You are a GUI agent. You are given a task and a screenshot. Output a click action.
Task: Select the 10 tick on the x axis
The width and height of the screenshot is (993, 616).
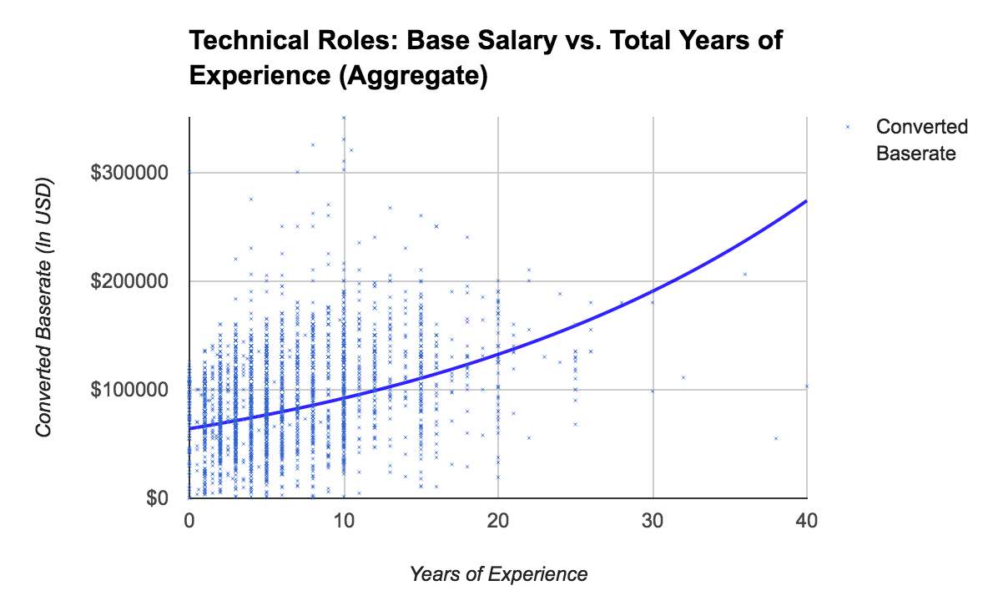coord(343,520)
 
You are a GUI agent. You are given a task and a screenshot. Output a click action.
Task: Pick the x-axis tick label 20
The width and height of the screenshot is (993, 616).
coord(498,520)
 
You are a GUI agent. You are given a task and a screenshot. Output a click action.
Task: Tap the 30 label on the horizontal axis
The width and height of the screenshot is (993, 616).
coord(653,520)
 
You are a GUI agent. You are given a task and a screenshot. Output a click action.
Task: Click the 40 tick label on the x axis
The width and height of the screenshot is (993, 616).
coord(807,520)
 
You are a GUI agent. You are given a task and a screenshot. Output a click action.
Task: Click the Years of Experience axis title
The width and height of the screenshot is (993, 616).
coord(498,574)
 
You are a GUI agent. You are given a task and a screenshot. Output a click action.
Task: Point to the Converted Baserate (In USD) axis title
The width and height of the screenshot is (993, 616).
coord(43,307)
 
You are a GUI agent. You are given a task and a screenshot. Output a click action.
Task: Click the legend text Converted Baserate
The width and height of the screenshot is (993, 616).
coord(921,139)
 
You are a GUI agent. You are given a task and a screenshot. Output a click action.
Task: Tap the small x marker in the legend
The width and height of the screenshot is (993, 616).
coord(847,127)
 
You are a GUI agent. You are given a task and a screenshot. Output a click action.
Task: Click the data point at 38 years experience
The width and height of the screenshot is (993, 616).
coord(776,438)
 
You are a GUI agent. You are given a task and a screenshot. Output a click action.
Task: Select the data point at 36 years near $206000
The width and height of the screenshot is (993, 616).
coord(745,274)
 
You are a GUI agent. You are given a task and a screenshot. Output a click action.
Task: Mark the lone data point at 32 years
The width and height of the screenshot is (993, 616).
coord(683,377)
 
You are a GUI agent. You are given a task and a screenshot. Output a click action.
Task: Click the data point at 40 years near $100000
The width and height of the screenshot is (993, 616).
coord(807,386)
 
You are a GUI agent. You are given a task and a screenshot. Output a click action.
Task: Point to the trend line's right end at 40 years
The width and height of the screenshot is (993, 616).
coord(806,201)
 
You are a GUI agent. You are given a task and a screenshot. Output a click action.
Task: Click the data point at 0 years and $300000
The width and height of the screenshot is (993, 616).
coord(189,172)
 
